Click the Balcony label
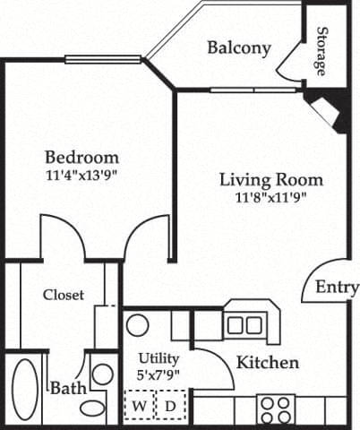click(239, 47)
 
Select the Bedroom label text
click(81, 158)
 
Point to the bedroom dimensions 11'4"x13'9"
click(81, 176)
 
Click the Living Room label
click(271, 179)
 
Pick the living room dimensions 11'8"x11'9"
click(271, 197)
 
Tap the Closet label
click(64, 294)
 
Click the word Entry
click(337, 288)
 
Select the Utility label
click(159, 358)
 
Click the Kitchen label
click(268, 363)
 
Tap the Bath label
click(67, 389)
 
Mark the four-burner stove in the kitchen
click(274, 408)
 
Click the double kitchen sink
click(244, 324)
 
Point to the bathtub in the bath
click(25, 391)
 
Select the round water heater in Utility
click(137, 324)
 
